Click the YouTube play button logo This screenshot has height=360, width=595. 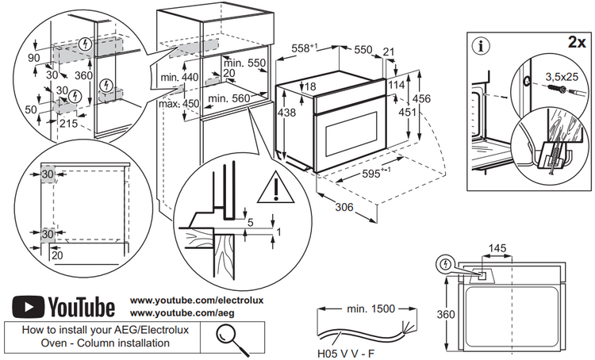(29, 305)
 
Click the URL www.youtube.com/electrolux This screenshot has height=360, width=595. (196, 301)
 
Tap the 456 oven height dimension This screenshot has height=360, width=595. (422, 98)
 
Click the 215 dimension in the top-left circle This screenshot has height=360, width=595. (67, 124)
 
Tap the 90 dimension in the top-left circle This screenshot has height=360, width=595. (33, 57)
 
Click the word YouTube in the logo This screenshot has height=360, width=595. (82, 306)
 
